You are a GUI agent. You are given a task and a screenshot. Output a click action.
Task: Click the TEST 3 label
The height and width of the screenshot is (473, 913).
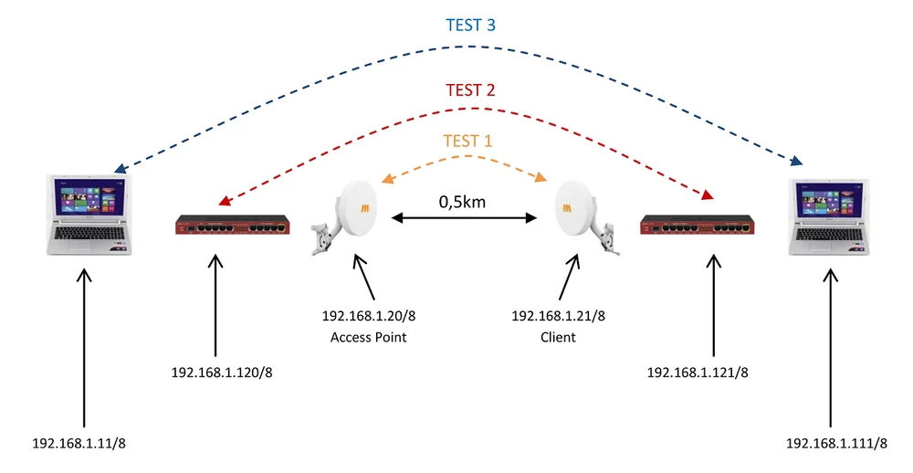coord(470,25)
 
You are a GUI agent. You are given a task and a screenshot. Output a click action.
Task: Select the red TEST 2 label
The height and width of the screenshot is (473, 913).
coord(470,90)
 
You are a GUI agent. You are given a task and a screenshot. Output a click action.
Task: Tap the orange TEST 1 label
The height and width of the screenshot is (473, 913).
coord(467,141)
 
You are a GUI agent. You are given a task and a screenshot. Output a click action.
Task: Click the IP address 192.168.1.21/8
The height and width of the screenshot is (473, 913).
coord(558,316)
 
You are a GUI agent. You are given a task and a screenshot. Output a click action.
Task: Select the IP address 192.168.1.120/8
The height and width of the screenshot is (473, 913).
coord(222,373)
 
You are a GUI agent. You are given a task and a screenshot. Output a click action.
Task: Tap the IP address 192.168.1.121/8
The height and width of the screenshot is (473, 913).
coord(698,373)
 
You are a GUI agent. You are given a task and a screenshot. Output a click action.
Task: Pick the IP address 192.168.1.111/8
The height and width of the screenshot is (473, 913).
coord(836,443)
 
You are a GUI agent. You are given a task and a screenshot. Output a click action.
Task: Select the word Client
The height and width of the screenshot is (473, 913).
coord(558,337)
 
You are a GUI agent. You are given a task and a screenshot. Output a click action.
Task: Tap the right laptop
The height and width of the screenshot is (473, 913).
coord(832,215)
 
